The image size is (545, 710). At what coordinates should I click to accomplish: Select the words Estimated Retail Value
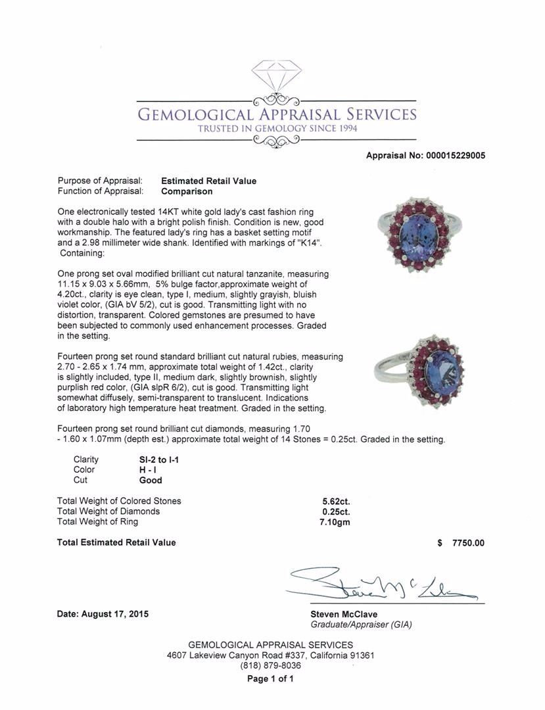click(208, 181)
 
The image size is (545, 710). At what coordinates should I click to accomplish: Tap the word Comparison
click(187, 191)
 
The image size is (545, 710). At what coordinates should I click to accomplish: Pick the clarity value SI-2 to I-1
click(154, 460)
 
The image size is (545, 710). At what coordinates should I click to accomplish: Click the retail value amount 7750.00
click(468, 543)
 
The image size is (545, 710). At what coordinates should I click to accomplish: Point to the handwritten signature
click(381, 582)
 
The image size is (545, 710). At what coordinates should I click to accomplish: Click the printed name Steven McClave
click(344, 614)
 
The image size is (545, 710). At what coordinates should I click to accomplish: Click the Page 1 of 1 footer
click(270, 679)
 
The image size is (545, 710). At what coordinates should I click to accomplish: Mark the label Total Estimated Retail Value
click(116, 542)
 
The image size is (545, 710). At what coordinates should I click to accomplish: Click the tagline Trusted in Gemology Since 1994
click(277, 129)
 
